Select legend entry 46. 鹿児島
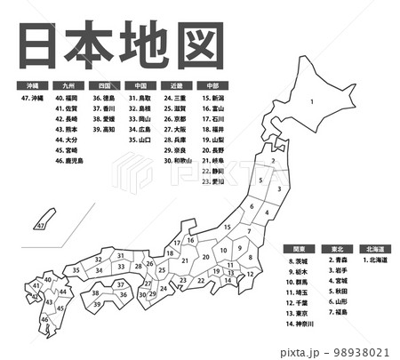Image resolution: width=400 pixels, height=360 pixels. click(68, 161)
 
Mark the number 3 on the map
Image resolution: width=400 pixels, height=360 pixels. click(279, 188)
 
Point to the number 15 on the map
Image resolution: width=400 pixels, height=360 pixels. click(227, 228)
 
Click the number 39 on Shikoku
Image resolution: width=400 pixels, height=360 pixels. click(97, 303)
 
